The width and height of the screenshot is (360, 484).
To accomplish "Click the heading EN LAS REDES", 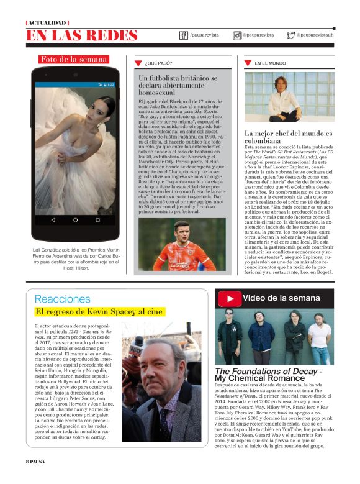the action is click(x=82, y=35).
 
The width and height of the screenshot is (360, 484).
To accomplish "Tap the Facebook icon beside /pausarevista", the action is click(x=184, y=35).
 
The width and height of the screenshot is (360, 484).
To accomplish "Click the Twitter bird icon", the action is click(x=290, y=35).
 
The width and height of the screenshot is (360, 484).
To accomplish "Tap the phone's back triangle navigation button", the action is click(x=53, y=220).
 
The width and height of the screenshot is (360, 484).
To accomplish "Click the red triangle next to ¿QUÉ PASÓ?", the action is click(x=138, y=63).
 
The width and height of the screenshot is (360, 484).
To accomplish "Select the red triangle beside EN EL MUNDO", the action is click(x=248, y=63).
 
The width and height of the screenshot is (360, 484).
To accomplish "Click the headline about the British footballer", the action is click(x=178, y=85).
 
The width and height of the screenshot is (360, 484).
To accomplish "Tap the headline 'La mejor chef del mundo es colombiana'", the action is click(x=289, y=137).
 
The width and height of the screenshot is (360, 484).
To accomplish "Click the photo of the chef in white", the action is click(x=289, y=96).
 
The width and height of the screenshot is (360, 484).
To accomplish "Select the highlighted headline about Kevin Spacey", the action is click(x=99, y=311).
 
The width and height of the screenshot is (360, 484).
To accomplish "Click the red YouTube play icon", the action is click(x=230, y=298).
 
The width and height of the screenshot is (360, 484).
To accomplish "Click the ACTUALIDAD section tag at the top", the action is click(x=48, y=22).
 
